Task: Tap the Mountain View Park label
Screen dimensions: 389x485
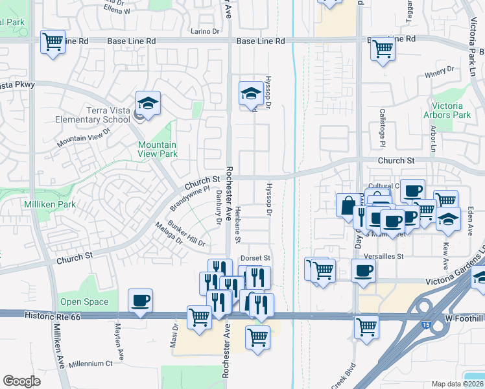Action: [x=157, y=149]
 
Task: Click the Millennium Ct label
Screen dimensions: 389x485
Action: [x=96, y=364]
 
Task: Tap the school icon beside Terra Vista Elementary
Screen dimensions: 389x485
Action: [x=148, y=104]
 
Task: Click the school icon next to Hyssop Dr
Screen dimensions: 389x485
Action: [x=250, y=94]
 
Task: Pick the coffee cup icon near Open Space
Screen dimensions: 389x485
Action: [x=140, y=301]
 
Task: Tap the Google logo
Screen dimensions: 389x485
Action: [x=22, y=381]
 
